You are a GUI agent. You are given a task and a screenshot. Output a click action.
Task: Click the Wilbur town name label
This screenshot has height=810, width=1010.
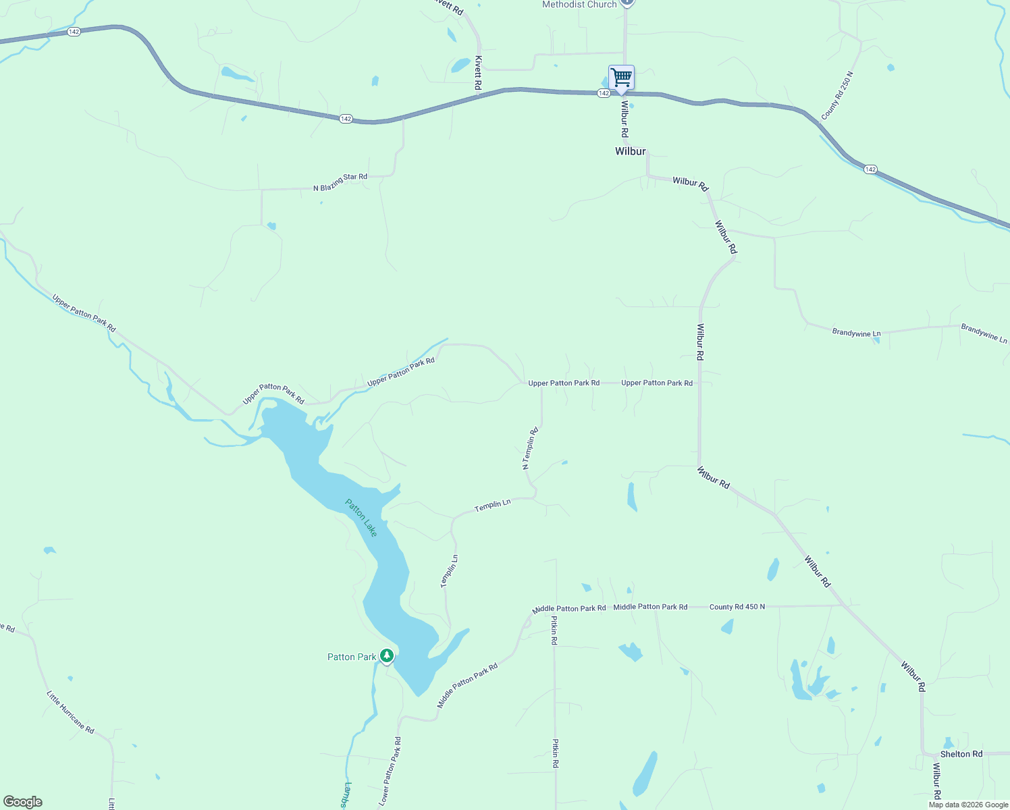tap(630, 151)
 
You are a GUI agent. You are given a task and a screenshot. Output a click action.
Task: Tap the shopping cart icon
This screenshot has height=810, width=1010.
tap(621, 78)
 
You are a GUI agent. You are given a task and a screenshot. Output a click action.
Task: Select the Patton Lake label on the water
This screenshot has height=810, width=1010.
tap(361, 518)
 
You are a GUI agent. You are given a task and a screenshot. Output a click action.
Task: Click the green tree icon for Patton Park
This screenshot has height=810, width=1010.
tap(387, 655)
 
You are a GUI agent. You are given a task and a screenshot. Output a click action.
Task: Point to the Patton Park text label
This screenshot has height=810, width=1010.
tap(352, 657)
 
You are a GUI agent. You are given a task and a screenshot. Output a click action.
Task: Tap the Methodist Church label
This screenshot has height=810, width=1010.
tap(579, 5)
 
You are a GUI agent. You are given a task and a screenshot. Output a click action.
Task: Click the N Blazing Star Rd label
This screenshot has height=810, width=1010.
tap(340, 182)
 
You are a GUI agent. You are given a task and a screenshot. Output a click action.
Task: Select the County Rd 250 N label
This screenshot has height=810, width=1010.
tap(837, 96)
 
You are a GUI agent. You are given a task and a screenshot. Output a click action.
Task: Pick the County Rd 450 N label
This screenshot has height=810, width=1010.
tap(737, 607)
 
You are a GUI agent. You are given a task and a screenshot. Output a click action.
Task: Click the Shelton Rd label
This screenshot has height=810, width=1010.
tap(961, 754)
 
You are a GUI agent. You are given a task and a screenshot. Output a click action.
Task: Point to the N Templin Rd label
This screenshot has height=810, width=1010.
tap(530, 448)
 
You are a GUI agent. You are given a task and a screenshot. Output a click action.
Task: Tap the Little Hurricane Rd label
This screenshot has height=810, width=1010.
tap(70, 712)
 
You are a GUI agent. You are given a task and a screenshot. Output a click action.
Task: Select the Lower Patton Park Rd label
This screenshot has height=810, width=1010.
tap(390, 771)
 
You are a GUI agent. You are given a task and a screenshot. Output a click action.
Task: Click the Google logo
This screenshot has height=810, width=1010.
tap(23, 802)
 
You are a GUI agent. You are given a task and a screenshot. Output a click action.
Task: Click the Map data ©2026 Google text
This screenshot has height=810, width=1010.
tap(968, 805)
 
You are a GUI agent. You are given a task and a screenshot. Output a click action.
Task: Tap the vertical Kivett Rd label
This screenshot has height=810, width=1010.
tap(478, 73)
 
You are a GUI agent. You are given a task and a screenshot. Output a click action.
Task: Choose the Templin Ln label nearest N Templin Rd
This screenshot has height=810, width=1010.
tap(492, 505)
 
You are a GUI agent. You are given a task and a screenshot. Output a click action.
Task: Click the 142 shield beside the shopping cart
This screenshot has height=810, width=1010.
tap(604, 93)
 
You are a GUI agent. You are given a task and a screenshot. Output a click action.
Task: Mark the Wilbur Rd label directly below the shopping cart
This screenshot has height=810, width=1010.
tap(625, 119)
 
